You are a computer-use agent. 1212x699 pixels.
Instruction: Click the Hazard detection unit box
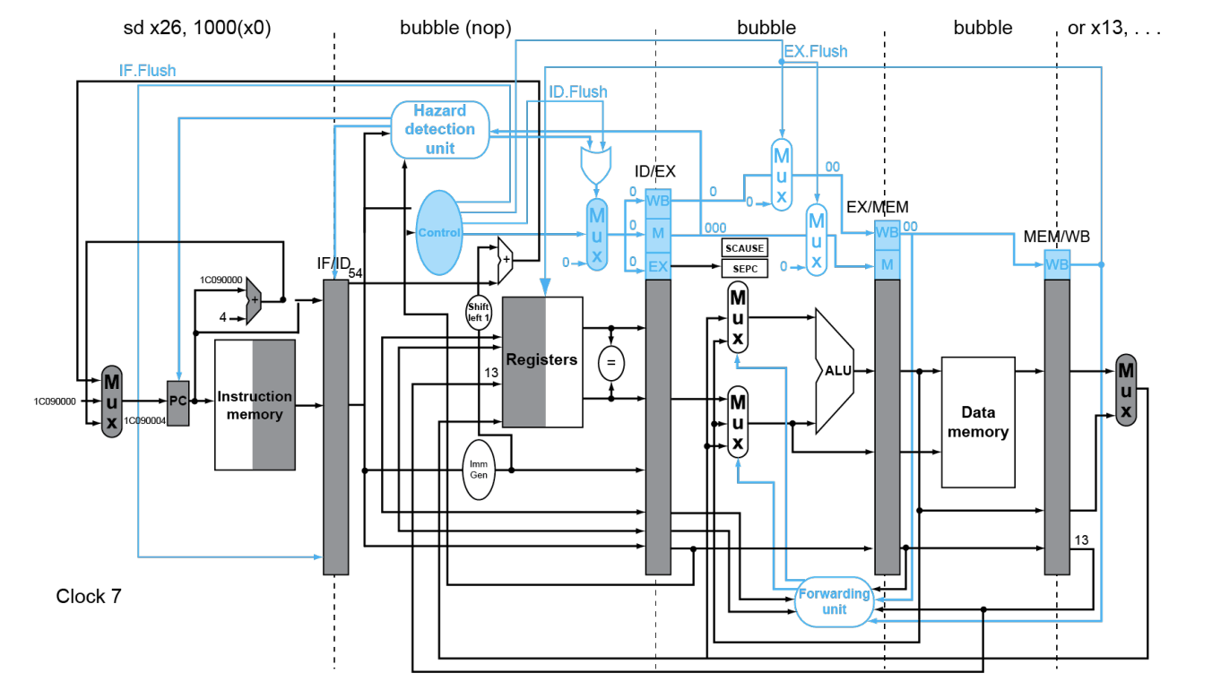pos(440,130)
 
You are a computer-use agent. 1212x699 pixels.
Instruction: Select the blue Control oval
pos(438,232)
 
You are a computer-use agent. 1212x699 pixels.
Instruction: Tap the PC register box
pos(178,401)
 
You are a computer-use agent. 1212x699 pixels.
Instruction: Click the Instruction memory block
pos(255,405)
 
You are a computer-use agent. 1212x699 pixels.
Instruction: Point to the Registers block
pos(541,360)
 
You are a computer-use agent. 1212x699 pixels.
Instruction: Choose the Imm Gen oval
pos(479,469)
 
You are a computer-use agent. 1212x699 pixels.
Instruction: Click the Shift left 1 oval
pos(479,312)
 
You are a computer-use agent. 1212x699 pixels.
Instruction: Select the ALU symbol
pos(834,370)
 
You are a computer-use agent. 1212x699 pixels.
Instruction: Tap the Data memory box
pos(977,422)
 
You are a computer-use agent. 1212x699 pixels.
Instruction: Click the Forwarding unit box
pos(834,601)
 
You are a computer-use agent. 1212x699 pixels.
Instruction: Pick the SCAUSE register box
pos(745,247)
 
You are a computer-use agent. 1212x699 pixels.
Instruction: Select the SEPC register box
pos(745,267)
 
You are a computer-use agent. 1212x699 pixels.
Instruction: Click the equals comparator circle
pos(611,363)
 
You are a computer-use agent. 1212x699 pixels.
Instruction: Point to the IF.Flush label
pos(147,70)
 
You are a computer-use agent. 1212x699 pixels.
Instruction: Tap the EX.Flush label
pos(815,51)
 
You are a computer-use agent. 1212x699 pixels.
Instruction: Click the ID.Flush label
pos(577,91)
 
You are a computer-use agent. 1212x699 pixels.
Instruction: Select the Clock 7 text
pos(88,596)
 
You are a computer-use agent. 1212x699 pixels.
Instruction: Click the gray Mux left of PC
pos(111,401)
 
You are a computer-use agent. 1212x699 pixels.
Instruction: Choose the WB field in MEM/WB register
pos(1057,264)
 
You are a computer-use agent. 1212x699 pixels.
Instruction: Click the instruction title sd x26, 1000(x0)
pos(196,28)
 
